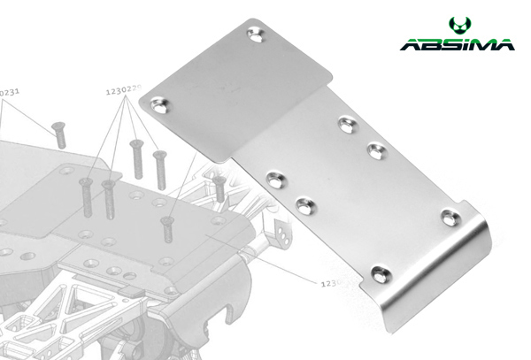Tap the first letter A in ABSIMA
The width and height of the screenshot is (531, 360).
click(409, 44)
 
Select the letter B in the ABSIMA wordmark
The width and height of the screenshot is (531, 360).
click(431, 44)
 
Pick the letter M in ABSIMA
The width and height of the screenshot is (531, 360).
click(481, 44)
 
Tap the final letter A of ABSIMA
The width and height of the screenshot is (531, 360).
click(503, 44)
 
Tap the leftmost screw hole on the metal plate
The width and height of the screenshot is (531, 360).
click(161, 109)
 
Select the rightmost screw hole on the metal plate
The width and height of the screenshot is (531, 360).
click(451, 216)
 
